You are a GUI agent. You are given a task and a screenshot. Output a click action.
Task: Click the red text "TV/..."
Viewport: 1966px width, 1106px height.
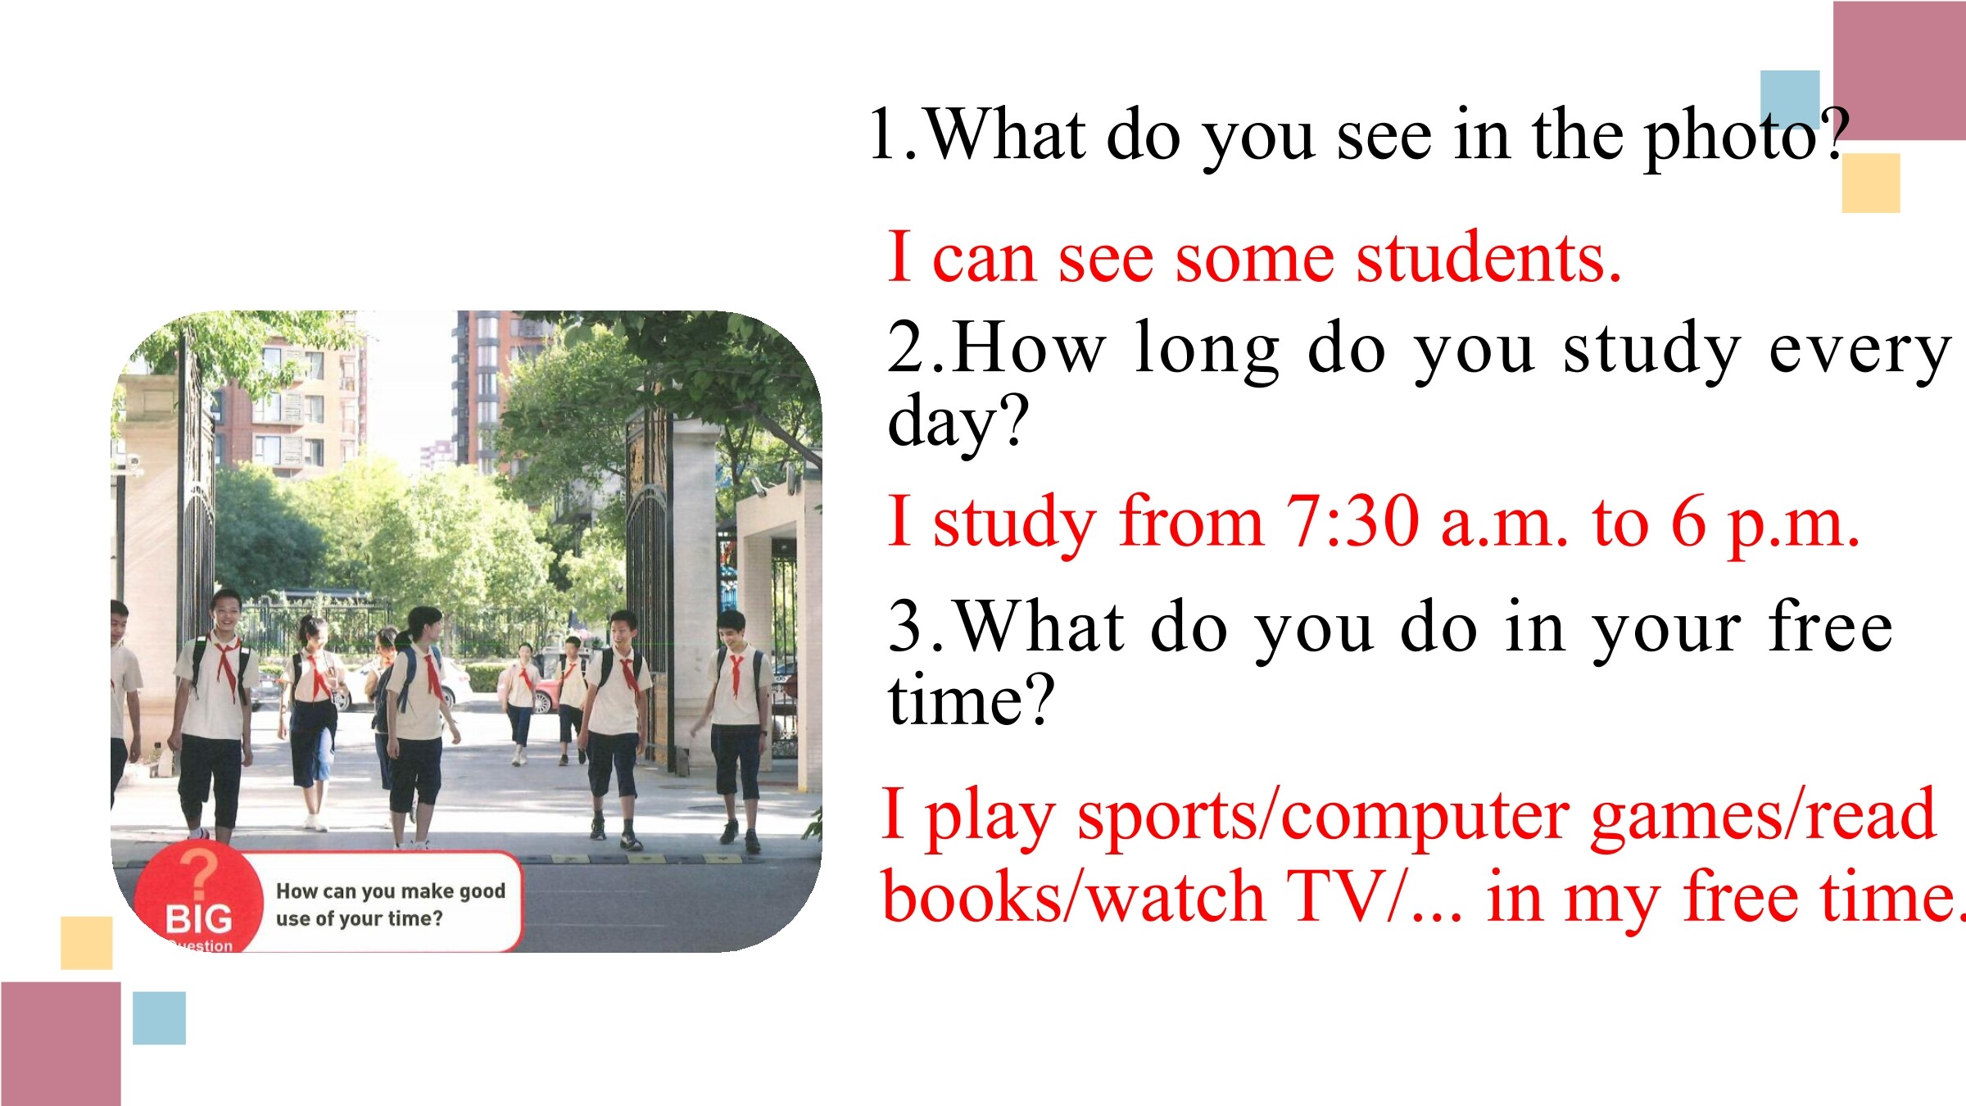(x=1375, y=897)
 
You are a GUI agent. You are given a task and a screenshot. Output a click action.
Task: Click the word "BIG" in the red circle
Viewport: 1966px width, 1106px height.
(x=199, y=919)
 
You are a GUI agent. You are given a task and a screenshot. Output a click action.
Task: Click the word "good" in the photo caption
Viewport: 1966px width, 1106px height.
(x=482, y=891)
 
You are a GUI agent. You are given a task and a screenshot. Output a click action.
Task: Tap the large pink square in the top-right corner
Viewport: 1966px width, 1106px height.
(x=1899, y=70)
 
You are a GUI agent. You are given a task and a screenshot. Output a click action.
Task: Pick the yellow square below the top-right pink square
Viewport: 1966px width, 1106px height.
(x=1871, y=183)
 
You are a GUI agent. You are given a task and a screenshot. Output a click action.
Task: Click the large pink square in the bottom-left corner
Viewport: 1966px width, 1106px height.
(x=61, y=1044)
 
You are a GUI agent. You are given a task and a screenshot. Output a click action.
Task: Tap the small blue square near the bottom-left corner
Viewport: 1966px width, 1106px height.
(x=159, y=1018)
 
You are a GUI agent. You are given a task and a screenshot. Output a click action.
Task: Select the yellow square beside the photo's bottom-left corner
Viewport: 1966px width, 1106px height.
(x=86, y=943)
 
